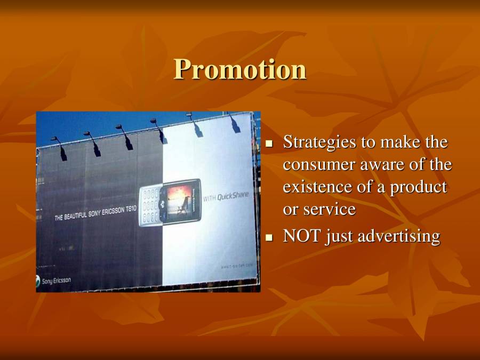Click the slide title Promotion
pyautogui.click(x=240, y=69)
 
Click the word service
pyautogui.click(x=329, y=210)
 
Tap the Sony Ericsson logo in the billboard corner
pyautogui.click(x=53, y=280)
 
